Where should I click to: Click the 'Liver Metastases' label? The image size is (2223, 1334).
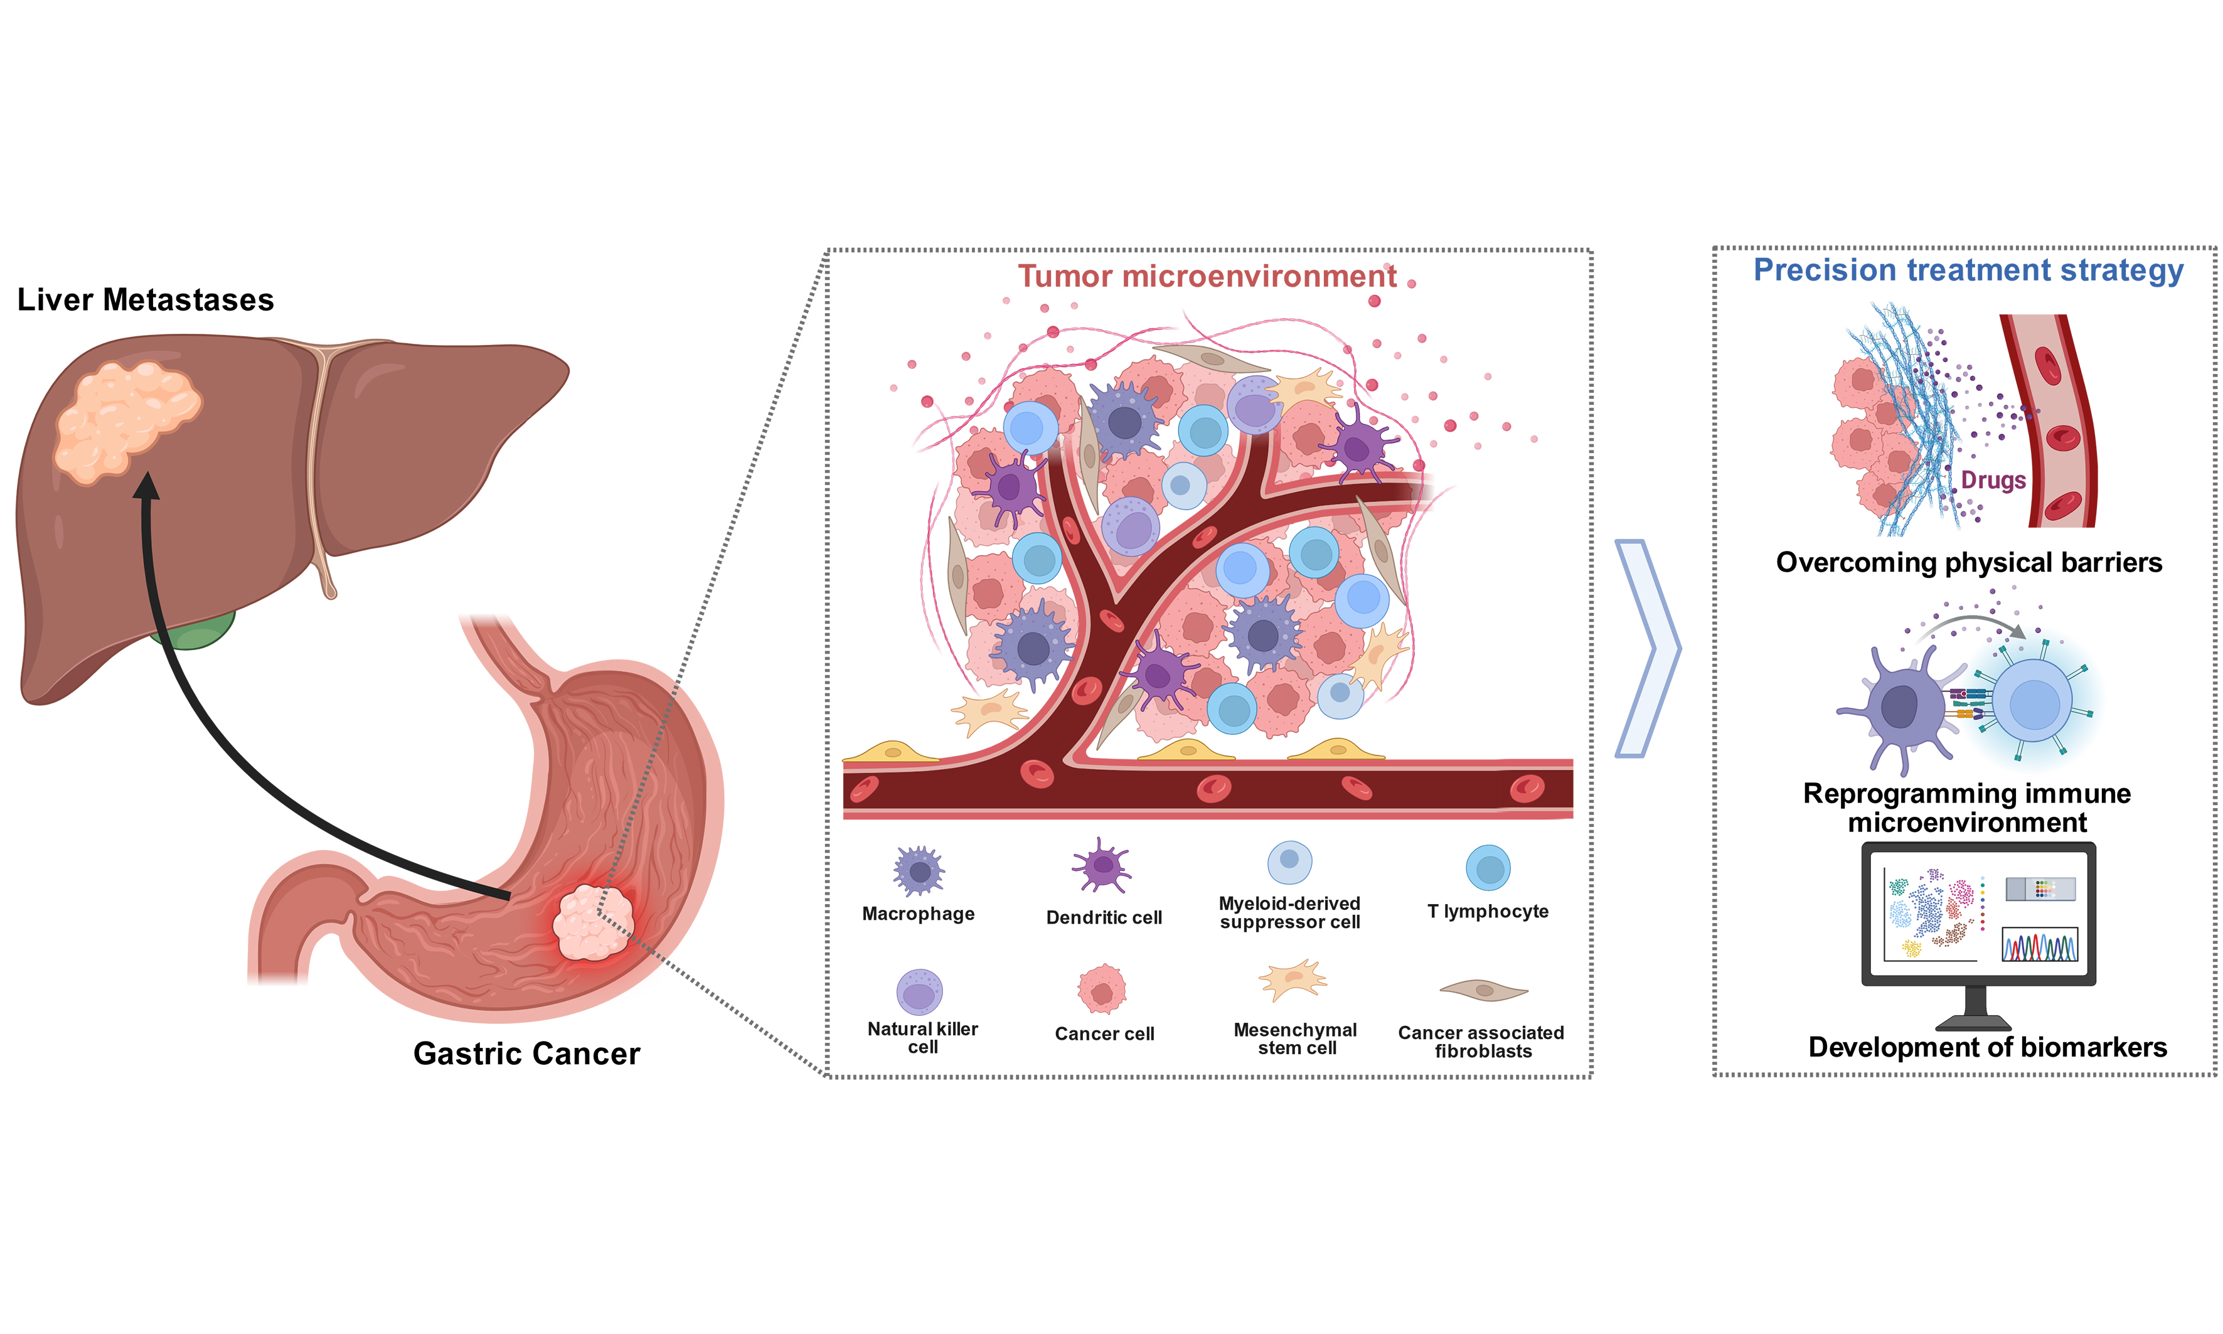click(x=146, y=299)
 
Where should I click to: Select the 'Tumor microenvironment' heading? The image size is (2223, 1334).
click(x=1207, y=276)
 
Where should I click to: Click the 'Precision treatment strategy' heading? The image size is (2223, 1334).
click(x=1968, y=270)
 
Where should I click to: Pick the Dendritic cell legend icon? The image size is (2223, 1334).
click(x=1102, y=867)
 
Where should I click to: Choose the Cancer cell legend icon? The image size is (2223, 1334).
click(x=1102, y=990)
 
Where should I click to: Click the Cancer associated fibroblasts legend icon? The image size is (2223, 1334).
click(x=1483, y=991)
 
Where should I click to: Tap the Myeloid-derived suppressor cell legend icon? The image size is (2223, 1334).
click(x=1290, y=862)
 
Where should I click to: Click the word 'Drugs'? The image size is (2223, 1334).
click(x=1993, y=480)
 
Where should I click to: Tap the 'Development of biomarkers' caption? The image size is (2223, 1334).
click(x=1988, y=1047)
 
